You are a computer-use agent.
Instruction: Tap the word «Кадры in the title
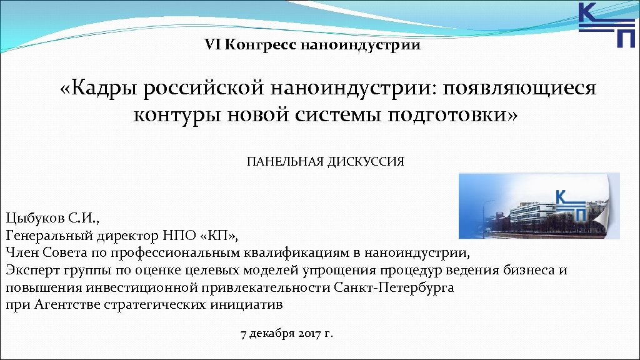pos(99,89)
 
